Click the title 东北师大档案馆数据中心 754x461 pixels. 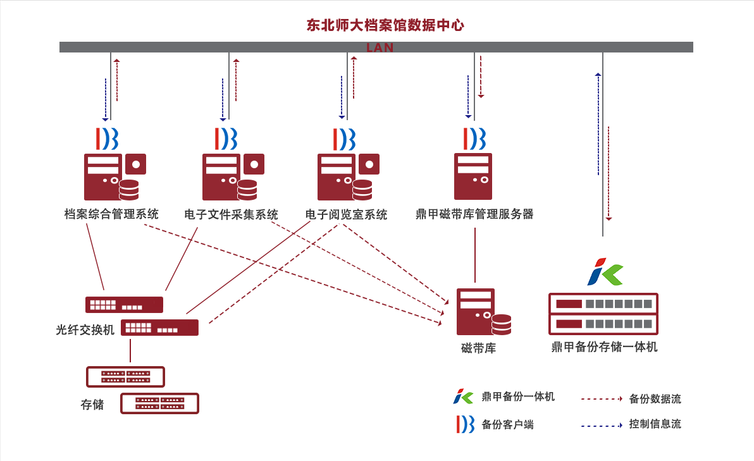(385, 25)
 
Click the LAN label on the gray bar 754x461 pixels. (380, 48)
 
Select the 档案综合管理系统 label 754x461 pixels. (111, 214)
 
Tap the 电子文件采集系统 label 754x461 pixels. (231, 214)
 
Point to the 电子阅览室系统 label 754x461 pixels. (346, 214)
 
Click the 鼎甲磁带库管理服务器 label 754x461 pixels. (474, 214)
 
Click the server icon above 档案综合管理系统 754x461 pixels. (111, 177)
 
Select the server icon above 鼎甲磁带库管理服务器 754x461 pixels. (473, 176)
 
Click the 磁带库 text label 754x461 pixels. (478, 348)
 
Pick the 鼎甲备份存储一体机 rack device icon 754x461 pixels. (603, 314)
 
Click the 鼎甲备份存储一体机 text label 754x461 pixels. (604, 347)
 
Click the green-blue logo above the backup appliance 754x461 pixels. (605, 272)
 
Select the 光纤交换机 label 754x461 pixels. (85, 330)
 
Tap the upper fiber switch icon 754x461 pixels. (124, 305)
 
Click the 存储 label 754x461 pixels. (92, 405)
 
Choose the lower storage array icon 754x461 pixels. (159, 403)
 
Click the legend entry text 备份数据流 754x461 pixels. (655, 399)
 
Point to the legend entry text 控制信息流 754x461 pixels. (655, 424)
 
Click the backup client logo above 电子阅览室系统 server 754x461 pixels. (344, 139)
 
